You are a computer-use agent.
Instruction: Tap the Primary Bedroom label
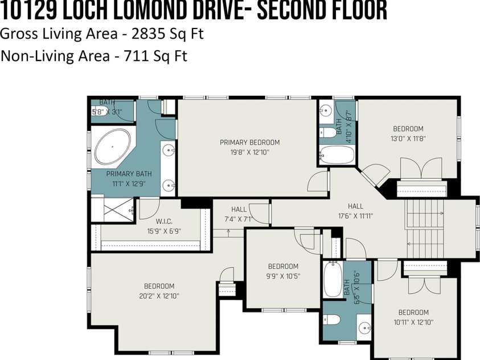tap(249, 147)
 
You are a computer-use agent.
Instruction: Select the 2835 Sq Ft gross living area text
tap(167, 34)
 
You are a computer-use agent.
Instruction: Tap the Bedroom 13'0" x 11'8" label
tap(408, 133)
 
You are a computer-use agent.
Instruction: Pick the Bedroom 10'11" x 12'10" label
tap(413, 317)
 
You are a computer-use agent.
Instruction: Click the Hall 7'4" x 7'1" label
tap(239, 214)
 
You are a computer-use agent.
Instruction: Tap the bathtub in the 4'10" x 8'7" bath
tap(337, 155)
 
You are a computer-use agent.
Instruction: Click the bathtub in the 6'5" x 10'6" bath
tap(332, 279)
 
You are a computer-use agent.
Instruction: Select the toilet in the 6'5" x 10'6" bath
tap(332, 320)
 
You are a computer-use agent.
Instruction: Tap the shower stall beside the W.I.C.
tap(112, 209)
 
